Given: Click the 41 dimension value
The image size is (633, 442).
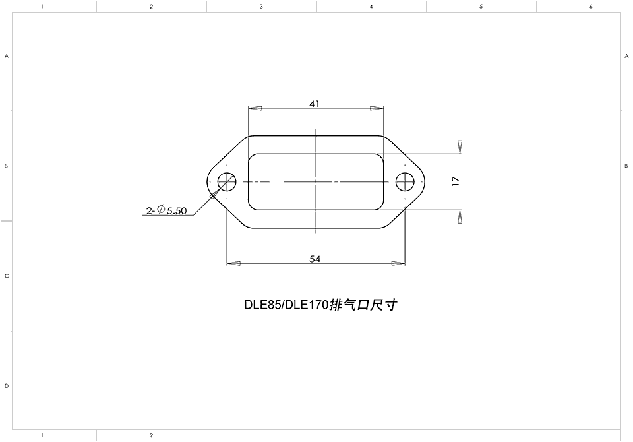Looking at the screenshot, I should click(315, 104).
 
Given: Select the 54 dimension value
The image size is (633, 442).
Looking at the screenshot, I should click(315, 259).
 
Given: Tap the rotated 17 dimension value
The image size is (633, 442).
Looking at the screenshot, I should click(455, 182).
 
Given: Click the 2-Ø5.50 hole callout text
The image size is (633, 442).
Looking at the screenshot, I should click(167, 211).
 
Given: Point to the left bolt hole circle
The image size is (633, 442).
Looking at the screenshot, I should click(227, 181).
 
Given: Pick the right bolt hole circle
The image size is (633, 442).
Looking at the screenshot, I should click(404, 181).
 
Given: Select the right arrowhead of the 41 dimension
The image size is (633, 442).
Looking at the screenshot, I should click(376, 108).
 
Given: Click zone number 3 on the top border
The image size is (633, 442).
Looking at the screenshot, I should click(261, 7).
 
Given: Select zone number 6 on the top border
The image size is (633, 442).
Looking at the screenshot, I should click(591, 7).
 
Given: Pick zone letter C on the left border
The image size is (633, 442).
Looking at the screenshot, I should click(7, 276).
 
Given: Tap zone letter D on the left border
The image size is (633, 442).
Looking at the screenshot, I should click(7, 385).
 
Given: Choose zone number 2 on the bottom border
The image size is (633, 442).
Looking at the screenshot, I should click(151, 435).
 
